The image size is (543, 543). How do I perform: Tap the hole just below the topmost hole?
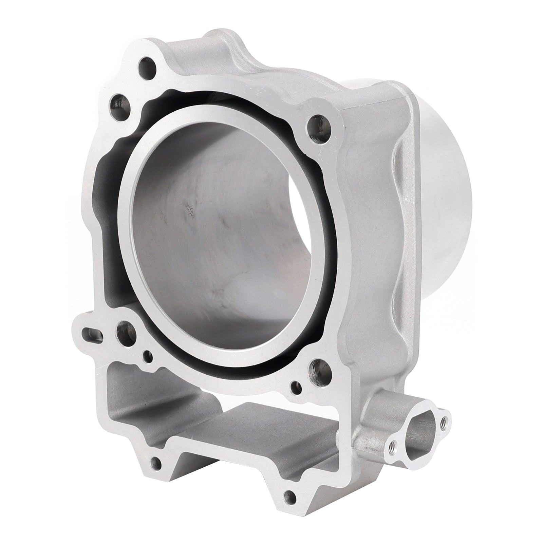pyautogui.click(x=119, y=102)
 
